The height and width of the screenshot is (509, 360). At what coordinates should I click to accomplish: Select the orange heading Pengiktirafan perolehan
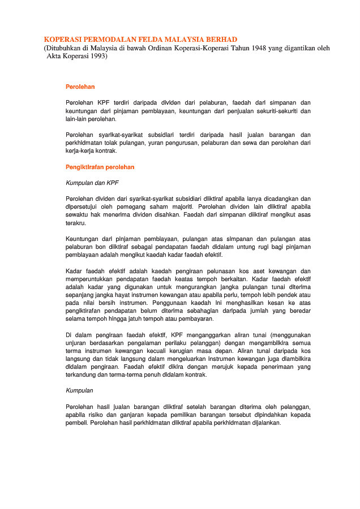click(x=100, y=167)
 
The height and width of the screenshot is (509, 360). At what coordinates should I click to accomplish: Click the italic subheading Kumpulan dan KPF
click(x=92, y=183)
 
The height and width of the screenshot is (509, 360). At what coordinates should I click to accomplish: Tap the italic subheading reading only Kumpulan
click(x=79, y=390)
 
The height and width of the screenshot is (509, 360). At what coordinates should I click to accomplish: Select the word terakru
click(x=76, y=223)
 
